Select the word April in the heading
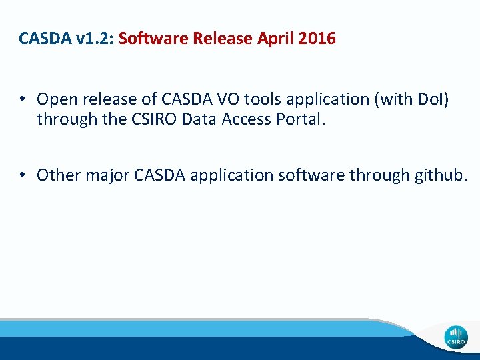[274, 39]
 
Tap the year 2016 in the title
[317, 39]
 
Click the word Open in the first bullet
[54, 99]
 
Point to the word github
[441, 175]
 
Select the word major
[107, 175]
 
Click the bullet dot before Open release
[22, 99]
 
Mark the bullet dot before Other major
[22, 175]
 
